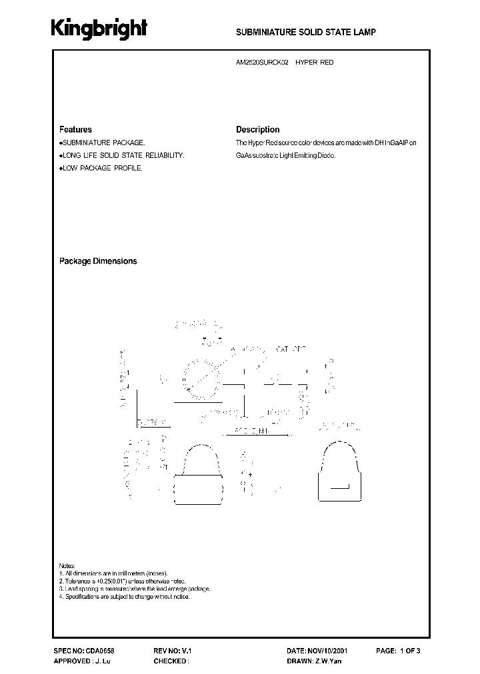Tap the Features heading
click(75, 130)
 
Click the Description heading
click(257, 130)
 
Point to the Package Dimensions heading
click(98, 261)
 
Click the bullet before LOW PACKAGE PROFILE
click(61, 168)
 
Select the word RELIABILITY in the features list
click(163, 155)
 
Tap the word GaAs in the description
click(244, 155)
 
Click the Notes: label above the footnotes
click(67, 565)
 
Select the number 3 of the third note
click(61, 589)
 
